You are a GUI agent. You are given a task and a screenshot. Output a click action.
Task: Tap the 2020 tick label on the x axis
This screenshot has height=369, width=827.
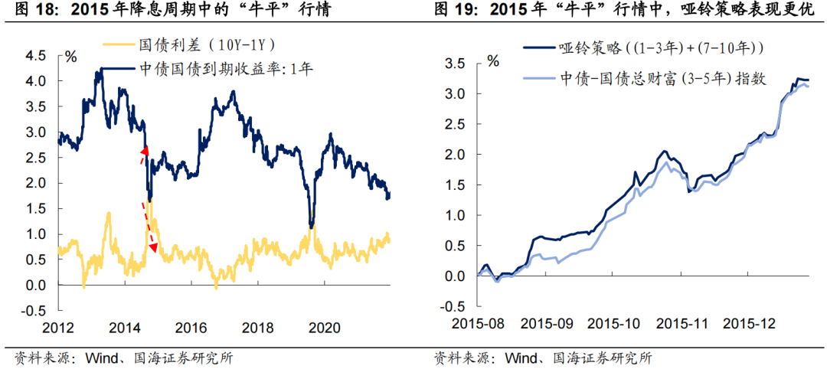point(324,328)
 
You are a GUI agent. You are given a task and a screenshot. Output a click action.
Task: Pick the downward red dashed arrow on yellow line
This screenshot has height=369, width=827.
point(149,228)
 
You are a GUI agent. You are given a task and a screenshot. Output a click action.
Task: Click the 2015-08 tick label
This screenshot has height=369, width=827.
point(479,325)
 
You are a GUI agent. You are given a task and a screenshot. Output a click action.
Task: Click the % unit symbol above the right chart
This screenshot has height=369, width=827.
point(492,60)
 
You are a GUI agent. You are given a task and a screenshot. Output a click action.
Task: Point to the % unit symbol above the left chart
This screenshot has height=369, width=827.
point(70,56)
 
